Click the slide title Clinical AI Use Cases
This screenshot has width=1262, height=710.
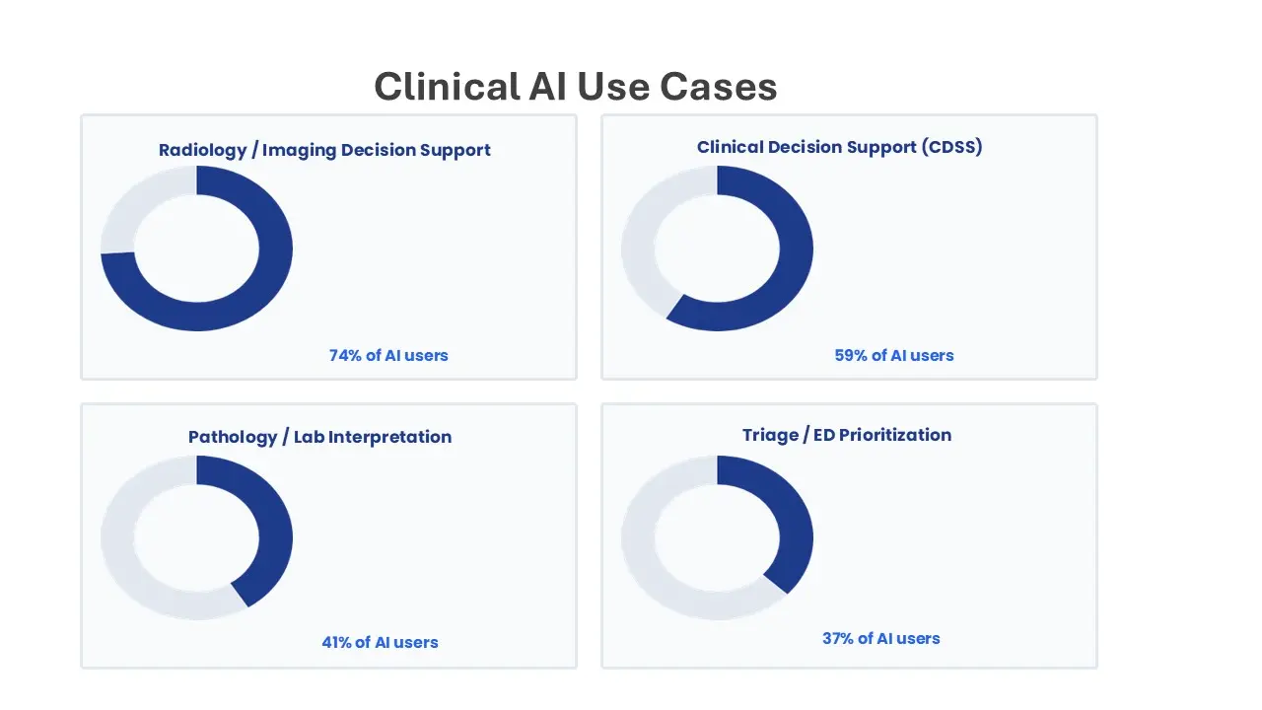pyautogui.click(x=575, y=87)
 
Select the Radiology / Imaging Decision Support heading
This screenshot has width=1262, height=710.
pyautogui.click(x=324, y=151)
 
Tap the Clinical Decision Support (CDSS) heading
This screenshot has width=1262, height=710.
pyautogui.click(x=839, y=147)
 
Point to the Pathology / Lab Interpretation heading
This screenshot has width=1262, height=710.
pyautogui.click(x=320, y=437)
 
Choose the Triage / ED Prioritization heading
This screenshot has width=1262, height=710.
pyautogui.click(x=847, y=435)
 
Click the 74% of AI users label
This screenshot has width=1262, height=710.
pyautogui.click(x=388, y=356)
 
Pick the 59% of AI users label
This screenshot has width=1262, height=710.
pyautogui.click(x=894, y=356)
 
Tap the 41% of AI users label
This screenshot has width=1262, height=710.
pyautogui.click(x=380, y=642)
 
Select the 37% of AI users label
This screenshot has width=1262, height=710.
pyautogui.click(x=881, y=638)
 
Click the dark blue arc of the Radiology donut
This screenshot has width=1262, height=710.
pyautogui.click(x=275, y=248)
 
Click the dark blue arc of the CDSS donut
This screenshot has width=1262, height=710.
pyautogui.click(x=796, y=248)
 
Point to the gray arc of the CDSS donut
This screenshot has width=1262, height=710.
pyautogui.click(x=638, y=248)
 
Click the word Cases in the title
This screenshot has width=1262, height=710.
pyautogui.click(x=719, y=87)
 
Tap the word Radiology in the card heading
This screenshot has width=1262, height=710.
pyautogui.click(x=203, y=151)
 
